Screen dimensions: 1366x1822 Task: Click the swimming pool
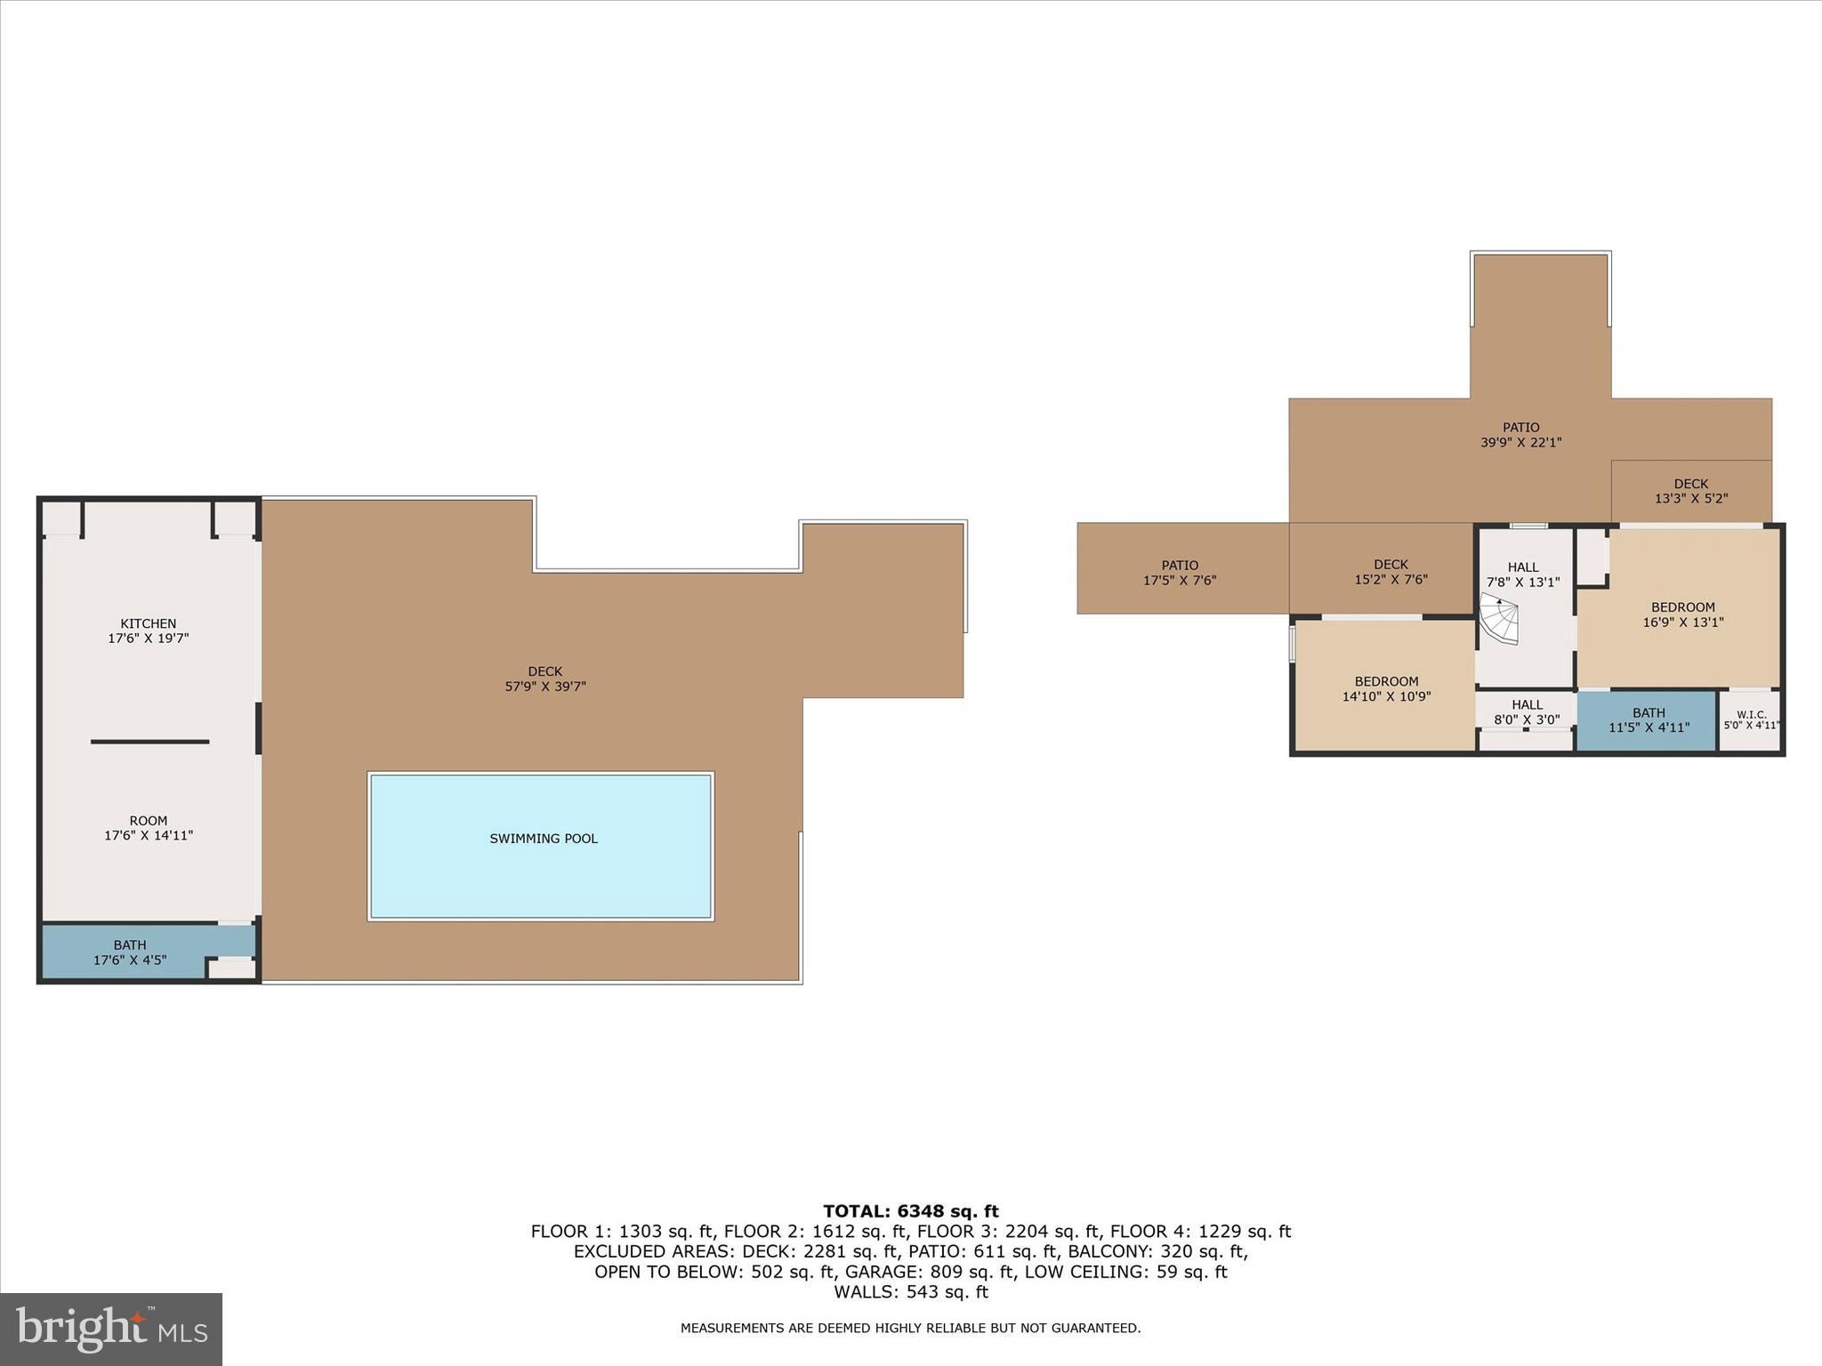click(541, 846)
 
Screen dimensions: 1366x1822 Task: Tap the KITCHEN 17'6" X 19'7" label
click(149, 631)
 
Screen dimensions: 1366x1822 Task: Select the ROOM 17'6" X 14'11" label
click(149, 828)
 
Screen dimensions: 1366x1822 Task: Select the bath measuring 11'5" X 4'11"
click(1648, 719)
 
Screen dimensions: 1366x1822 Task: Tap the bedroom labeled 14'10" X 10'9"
click(1386, 689)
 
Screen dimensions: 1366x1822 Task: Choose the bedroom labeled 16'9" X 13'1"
click(1682, 615)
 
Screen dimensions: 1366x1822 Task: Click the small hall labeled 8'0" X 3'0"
click(1527, 712)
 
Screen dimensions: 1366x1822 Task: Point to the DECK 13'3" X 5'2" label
click(1690, 492)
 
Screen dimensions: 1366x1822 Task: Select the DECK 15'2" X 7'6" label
click(1391, 572)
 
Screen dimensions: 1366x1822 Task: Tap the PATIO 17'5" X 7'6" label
click(1180, 573)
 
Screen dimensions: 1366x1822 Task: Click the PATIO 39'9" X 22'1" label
click(1520, 435)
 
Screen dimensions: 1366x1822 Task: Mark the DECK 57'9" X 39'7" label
click(545, 679)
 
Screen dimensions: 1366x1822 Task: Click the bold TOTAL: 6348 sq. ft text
click(910, 1211)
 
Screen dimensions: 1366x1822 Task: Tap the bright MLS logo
click(111, 1329)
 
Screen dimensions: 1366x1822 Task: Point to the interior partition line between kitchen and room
click(149, 742)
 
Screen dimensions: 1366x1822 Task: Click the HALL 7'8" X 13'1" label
click(1523, 575)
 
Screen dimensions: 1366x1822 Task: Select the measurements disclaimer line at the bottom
click(910, 1328)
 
